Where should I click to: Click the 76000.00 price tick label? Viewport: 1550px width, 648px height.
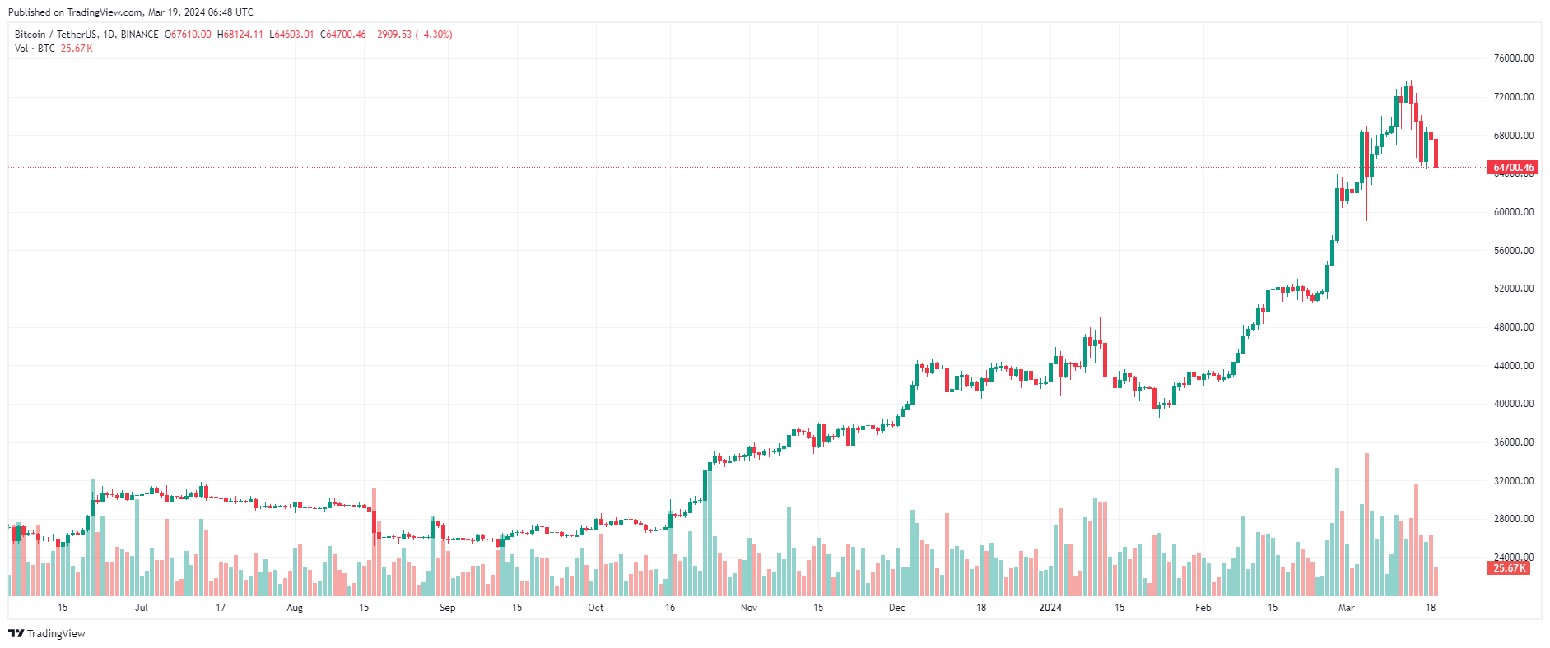tap(1514, 58)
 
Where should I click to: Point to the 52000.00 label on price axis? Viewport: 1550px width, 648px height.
tap(1514, 289)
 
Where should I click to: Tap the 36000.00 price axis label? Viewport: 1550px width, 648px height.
tap(1514, 442)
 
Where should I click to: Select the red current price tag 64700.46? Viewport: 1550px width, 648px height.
tap(1514, 168)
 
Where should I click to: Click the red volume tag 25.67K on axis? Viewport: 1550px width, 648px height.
tap(1509, 568)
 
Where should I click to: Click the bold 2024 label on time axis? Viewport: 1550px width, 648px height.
tap(1050, 608)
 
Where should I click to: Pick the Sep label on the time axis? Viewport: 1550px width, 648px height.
tap(447, 608)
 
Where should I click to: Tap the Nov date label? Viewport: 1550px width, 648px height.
tap(748, 608)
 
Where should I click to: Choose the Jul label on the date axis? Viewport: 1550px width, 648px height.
tap(142, 608)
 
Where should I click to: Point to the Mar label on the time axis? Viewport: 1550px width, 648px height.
tap(1346, 608)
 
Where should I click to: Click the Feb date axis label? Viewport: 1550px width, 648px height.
tap(1203, 608)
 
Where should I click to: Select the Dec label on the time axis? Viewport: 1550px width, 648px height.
tap(896, 608)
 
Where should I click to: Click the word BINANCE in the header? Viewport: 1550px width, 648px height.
tap(139, 35)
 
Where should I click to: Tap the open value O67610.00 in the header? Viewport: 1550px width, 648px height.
tap(188, 35)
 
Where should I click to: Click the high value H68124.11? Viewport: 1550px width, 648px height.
tap(240, 35)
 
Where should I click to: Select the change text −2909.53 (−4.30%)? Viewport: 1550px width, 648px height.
tap(412, 35)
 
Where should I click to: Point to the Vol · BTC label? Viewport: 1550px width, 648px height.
tap(35, 49)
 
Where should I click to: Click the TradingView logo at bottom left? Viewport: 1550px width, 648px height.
tap(47, 633)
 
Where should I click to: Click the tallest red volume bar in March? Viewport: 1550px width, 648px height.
tap(1366, 526)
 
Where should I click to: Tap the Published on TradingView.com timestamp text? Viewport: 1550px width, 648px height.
tap(131, 12)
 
